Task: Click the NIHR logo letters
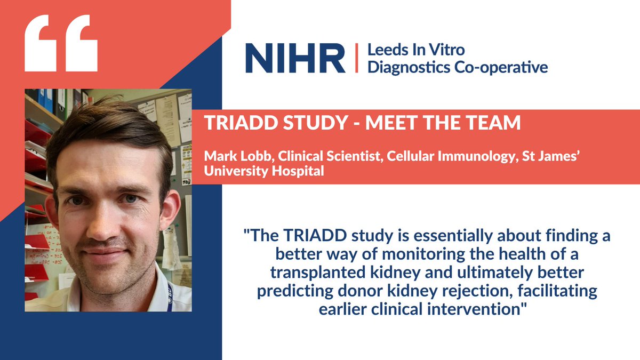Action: click(295, 59)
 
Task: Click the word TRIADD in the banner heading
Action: click(232, 124)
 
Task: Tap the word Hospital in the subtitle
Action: click(303, 173)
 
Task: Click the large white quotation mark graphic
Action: click(61, 43)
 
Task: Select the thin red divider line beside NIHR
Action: click(356, 59)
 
